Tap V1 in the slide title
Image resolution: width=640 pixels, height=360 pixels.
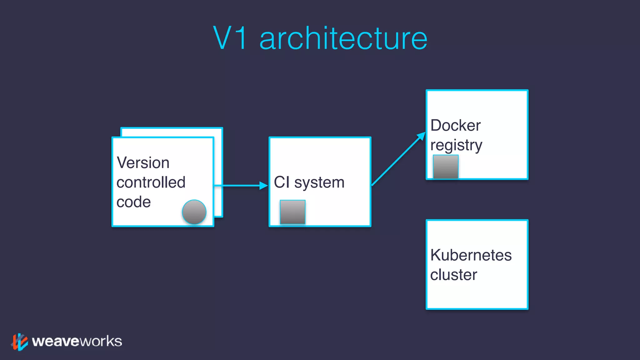[231, 38]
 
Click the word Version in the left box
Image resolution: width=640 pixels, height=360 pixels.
[143, 163]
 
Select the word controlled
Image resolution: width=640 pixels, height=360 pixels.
[151, 182]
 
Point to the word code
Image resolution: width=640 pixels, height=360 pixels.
[133, 202]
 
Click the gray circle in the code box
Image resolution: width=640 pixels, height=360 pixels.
[194, 212]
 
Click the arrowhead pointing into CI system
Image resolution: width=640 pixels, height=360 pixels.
[264, 186]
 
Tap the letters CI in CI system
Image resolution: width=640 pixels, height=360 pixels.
[282, 182]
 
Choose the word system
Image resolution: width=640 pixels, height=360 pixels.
[319, 183]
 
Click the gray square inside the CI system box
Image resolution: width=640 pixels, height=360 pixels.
[292, 212]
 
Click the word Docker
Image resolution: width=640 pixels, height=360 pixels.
[455, 126]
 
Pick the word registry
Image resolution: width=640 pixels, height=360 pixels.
[456, 146]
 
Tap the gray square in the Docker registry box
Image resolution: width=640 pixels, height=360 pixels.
[446, 167]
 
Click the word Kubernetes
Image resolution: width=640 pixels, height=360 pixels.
[471, 255]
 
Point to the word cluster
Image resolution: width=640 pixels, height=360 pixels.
[453, 275]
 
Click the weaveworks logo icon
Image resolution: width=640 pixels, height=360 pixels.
[20, 342]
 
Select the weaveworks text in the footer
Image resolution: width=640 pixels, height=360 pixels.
[77, 341]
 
